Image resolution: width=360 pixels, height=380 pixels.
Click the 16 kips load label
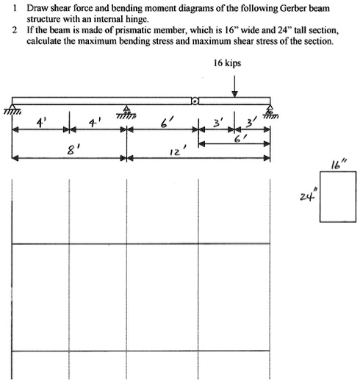(227, 64)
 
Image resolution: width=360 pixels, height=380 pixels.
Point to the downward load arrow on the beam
(234, 85)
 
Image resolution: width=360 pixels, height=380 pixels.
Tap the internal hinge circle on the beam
(195, 101)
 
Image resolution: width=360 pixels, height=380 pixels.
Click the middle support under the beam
(126, 110)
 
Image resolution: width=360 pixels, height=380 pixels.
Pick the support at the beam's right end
(270, 108)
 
